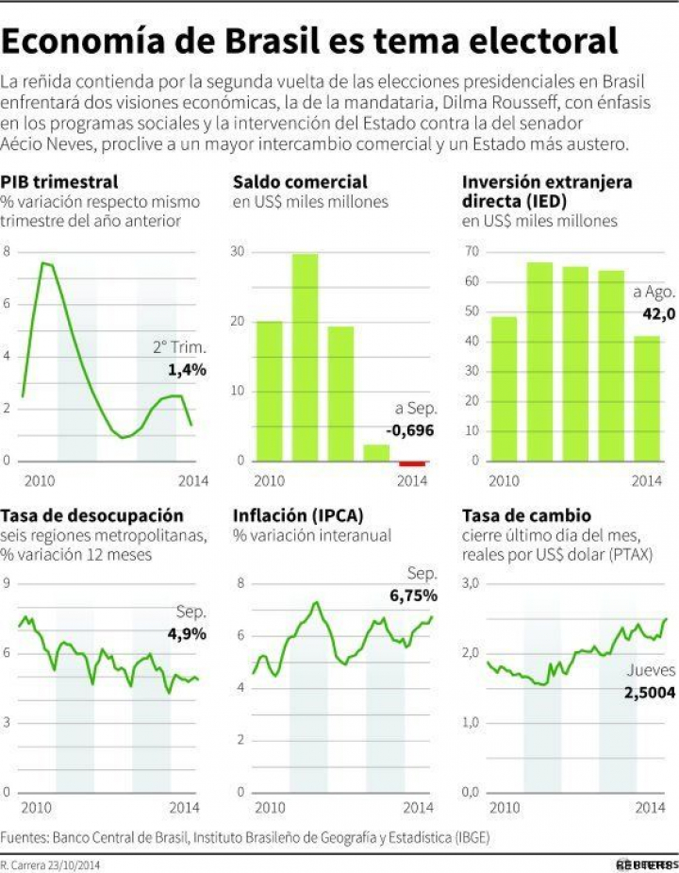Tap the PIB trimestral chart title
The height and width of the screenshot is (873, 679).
point(59,181)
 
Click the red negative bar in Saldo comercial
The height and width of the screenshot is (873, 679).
point(412,463)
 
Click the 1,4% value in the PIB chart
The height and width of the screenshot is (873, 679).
point(187,370)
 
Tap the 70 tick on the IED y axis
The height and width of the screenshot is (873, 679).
point(470,252)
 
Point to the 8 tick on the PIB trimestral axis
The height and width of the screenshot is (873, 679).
point(8,252)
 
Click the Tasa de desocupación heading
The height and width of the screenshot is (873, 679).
point(92,515)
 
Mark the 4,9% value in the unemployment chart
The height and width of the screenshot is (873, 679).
point(187,633)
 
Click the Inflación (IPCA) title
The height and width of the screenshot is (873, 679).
point(298,515)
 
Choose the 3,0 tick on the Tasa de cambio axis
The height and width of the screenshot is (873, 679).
point(471,584)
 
